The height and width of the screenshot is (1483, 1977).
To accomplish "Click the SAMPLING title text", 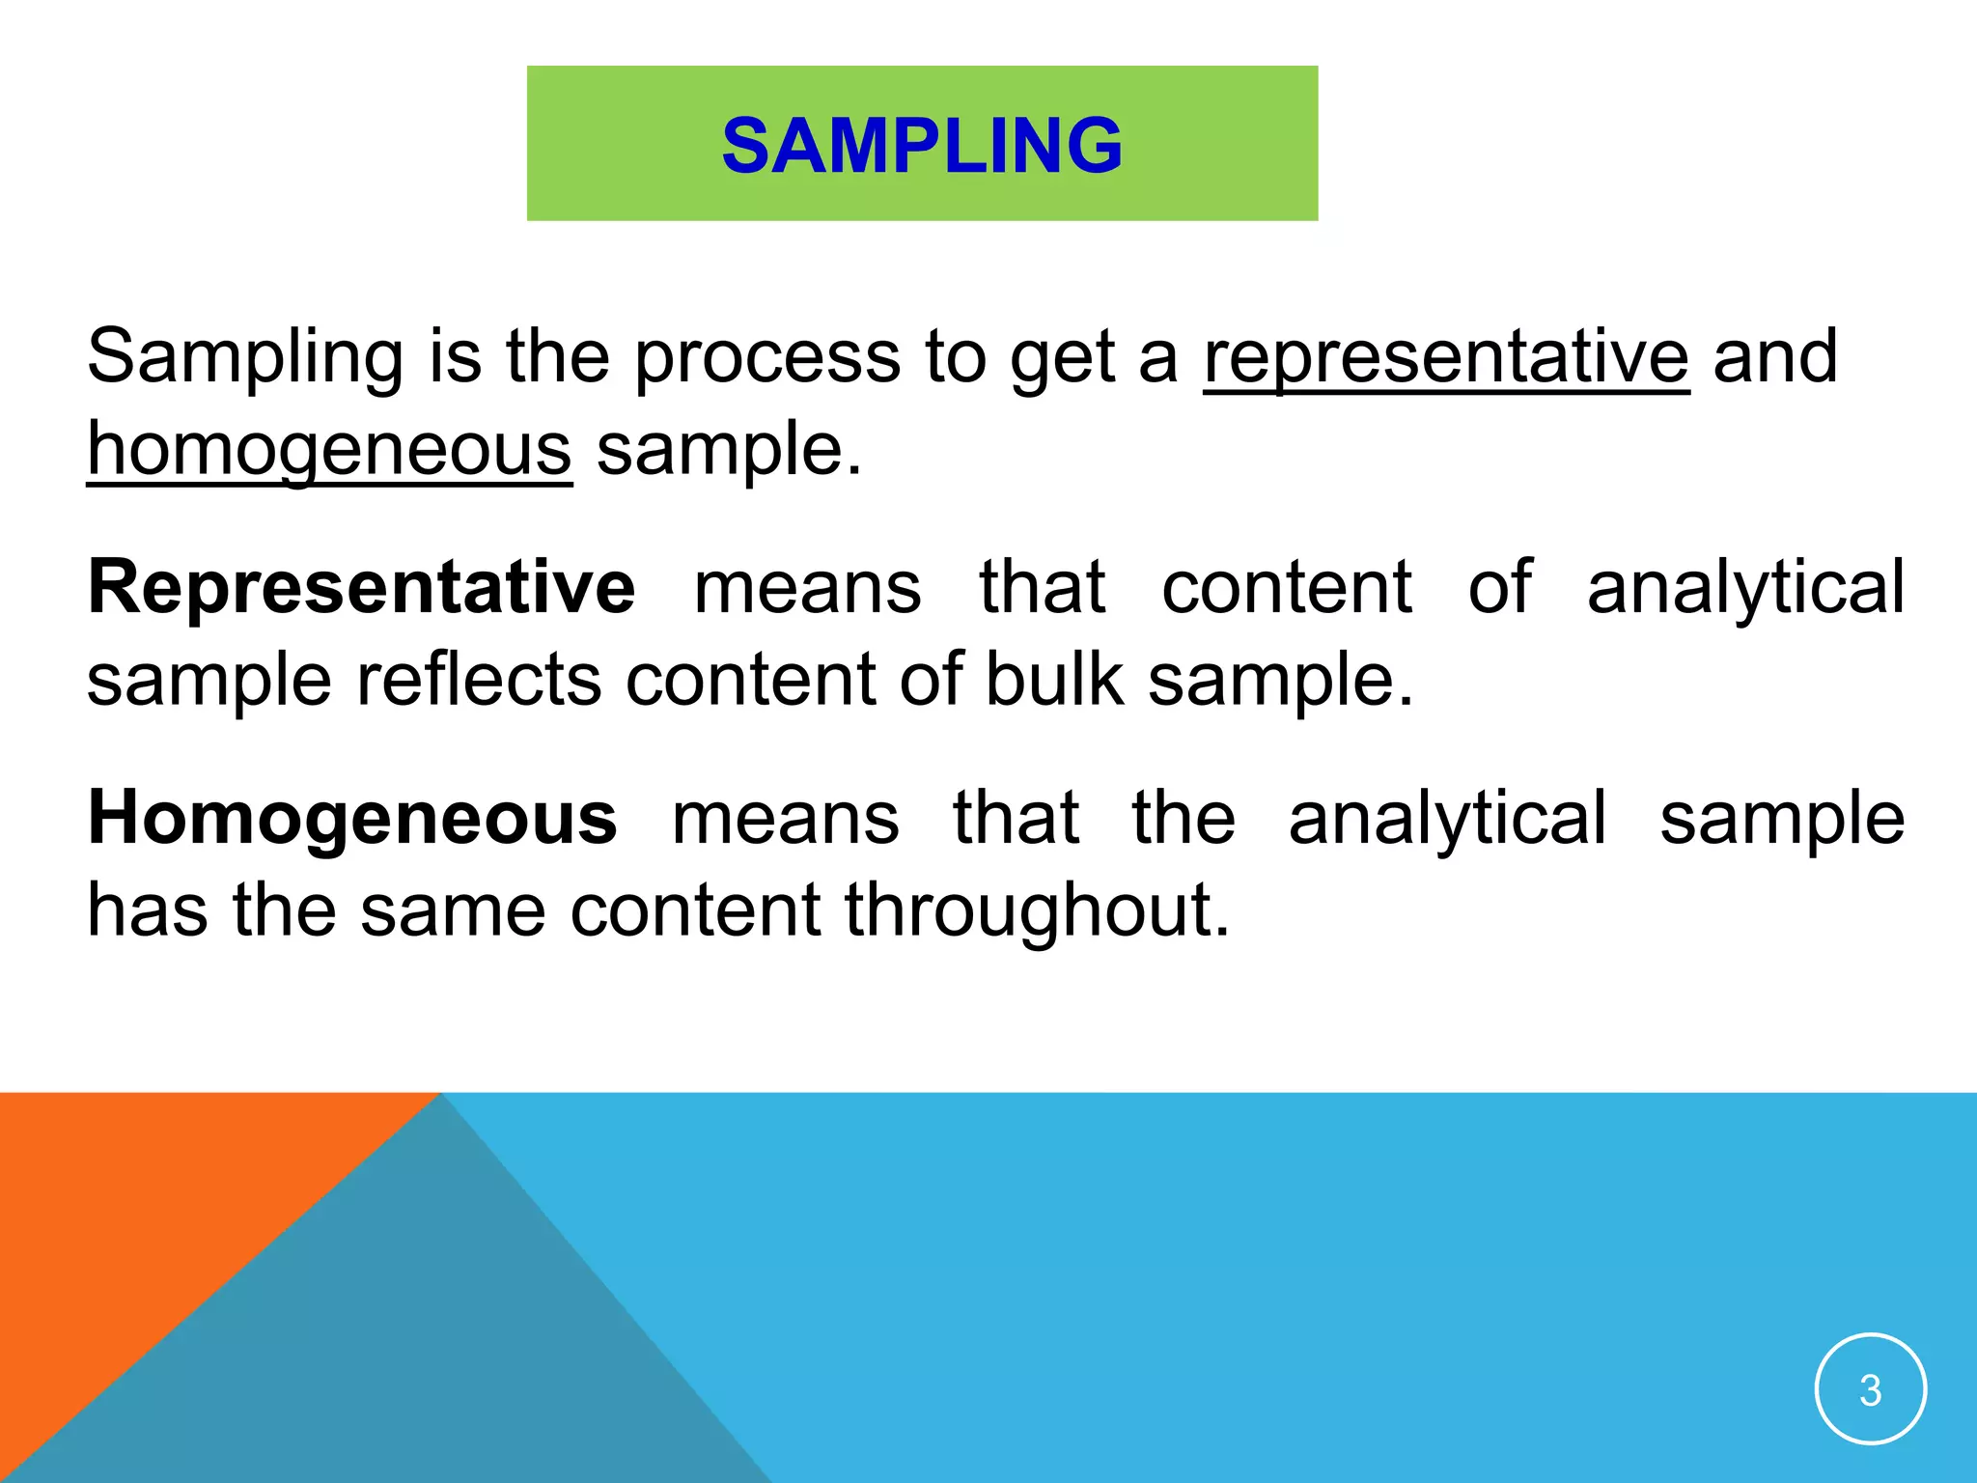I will pos(922,146).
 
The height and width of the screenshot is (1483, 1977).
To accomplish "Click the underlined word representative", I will pos(1446,357).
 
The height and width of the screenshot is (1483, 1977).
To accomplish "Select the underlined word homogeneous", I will pos(329,450).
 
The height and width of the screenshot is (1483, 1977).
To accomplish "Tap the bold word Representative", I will pos(362,587).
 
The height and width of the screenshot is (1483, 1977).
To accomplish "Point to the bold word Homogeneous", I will pos(352,818).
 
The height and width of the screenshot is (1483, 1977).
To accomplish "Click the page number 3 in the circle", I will pos(1870,1390).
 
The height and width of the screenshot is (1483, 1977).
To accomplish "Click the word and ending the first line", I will pos(1775,357).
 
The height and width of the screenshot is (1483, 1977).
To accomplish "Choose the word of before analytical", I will pos(1499,587).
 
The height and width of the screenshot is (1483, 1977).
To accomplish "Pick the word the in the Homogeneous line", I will pos(1183,818).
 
